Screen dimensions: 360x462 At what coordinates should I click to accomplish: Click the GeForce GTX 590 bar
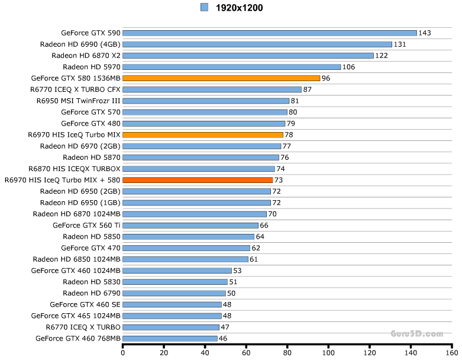tap(269, 33)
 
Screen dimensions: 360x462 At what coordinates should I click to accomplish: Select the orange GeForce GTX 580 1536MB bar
tap(221, 78)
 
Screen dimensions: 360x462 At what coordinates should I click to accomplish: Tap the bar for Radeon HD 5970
tap(231, 67)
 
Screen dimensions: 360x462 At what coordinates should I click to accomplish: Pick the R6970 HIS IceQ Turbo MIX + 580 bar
tap(198, 180)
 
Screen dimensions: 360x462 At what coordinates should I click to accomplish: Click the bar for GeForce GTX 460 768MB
tap(170, 339)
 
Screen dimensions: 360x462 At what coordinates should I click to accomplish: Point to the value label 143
tap(425, 33)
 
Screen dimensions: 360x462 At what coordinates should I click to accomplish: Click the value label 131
tap(400, 44)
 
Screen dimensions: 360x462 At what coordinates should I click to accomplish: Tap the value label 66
tap(264, 226)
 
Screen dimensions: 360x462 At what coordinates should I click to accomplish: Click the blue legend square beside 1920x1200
tap(205, 7)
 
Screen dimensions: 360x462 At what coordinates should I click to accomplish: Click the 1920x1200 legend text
tap(240, 8)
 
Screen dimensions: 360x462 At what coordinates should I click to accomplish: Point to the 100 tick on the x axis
tap(328, 353)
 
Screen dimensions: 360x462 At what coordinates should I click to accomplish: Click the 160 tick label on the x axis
tap(451, 353)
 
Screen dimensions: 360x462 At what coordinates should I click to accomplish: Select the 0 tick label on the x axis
tap(122, 353)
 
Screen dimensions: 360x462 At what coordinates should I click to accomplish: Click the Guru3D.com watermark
tap(416, 334)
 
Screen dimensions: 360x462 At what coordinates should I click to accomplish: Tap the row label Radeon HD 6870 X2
tap(86, 56)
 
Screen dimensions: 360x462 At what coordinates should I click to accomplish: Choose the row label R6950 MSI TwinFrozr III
tap(78, 101)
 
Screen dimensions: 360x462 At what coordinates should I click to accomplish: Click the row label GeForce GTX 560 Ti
tap(86, 226)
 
